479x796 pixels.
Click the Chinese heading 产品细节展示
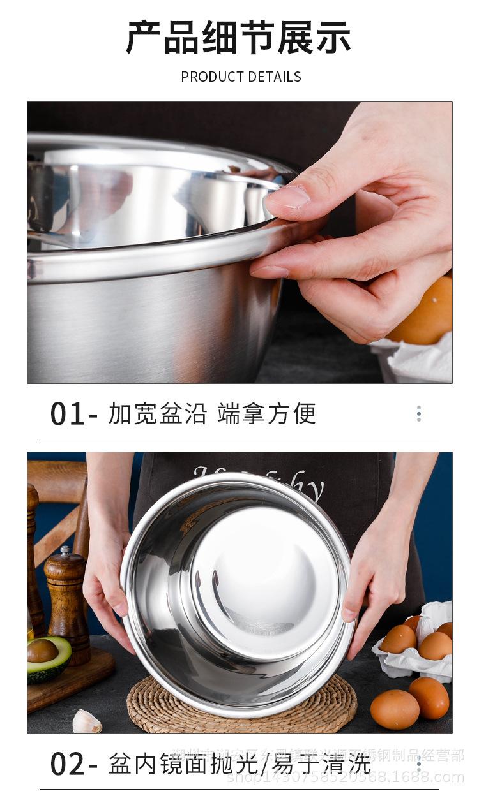pos(239,38)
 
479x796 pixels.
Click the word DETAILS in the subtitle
pos(274,77)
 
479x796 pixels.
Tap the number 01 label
pos(67,415)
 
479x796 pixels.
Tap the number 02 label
pos(67,764)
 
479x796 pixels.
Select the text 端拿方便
pos(266,414)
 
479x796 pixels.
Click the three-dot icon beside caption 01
pos(419,414)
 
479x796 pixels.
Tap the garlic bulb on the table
pos(86,722)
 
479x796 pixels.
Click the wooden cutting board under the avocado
pos(70,686)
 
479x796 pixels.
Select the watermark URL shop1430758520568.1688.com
pos(346,777)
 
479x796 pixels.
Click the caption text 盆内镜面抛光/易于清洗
pos(240,763)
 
